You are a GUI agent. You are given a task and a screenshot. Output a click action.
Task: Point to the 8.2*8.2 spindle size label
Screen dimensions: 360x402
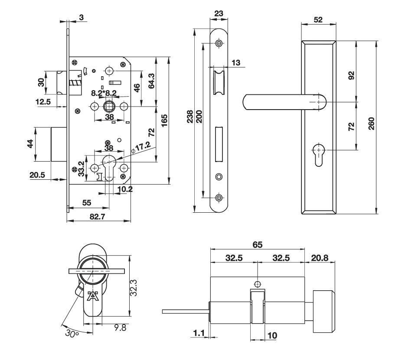coord(104,93)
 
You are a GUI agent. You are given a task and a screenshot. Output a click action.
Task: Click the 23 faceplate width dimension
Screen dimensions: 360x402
coord(219,13)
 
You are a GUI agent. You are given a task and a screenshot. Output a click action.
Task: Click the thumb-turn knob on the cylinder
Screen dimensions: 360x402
coord(324,311)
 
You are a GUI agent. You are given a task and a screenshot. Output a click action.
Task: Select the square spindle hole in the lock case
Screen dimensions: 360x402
coord(109,106)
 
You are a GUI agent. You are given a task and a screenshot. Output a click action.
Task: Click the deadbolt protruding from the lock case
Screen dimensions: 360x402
coord(59,144)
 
